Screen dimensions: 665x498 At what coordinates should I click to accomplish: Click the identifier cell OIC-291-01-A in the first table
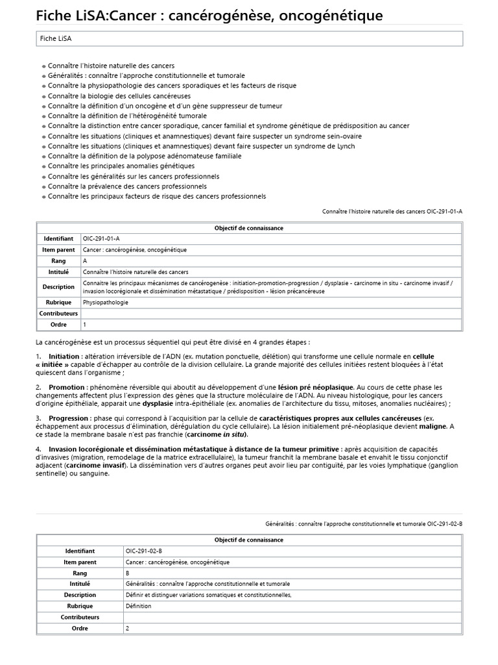coord(101,238)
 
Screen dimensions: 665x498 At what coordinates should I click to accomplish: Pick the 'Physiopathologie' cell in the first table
coord(106,302)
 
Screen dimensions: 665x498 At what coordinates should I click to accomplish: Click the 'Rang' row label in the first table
coord(59,260)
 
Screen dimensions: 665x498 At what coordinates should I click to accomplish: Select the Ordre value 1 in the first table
coord(85,323)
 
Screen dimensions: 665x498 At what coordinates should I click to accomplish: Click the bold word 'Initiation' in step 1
coord(64,357)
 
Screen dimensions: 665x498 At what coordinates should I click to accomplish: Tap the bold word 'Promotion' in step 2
coord(67,387)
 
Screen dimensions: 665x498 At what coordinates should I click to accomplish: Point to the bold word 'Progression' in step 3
coord(69,418)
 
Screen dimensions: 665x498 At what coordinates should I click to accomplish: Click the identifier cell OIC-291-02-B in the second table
coord(144,551)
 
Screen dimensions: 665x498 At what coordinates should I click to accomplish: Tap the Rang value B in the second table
coord(127,573)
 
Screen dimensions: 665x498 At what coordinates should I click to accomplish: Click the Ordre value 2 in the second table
coord(128,628)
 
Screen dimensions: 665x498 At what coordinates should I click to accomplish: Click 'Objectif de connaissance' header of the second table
coord(249,540)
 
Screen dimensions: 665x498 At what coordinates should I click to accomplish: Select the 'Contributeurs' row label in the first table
coord(59,313)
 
